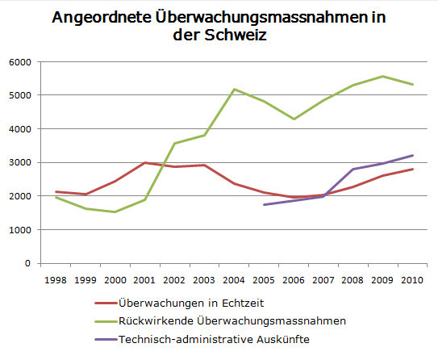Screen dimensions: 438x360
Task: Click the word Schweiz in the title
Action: (x=236, y=35)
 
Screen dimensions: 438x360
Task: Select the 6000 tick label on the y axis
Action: (x=20, y=62)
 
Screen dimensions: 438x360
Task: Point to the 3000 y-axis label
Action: (x=20, y=163)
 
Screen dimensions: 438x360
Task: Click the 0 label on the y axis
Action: (x=27, y=263)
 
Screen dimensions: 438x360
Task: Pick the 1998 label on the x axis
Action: (x=56, y=280)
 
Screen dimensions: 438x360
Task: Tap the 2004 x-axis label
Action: (x=234, y=280)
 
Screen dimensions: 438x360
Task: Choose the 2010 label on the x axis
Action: (x=412, y=280)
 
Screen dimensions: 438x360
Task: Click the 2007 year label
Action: (x=323, y=280)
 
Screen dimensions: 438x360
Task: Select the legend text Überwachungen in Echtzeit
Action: (x=191, y=303)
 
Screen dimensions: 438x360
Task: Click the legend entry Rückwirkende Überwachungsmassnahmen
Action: (x=232, y=321)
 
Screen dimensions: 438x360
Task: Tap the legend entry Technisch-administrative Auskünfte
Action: (x=215, y=340)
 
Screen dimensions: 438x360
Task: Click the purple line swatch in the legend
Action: (x=106, y=340)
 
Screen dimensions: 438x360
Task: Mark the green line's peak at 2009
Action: (x=382, y=77)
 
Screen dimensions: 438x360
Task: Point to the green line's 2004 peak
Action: (x=234, y=89)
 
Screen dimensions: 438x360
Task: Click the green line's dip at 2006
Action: (x=294, y=119)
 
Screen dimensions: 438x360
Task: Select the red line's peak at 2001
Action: (x=144, y=163)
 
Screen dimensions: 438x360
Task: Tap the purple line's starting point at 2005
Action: (x=264, y=205)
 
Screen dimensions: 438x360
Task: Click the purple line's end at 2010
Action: (x=412, y=156)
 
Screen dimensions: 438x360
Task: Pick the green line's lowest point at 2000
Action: (x=115, y=211)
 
